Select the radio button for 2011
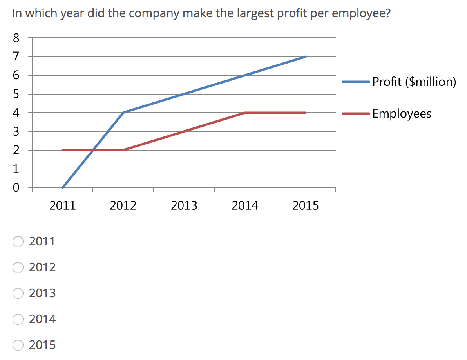point(18,242)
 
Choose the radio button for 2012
point(18,267)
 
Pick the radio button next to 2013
point(18,293)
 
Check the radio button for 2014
point(18,319)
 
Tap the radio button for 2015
point(18,345)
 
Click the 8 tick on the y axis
point(16,38)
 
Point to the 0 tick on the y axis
point(16,188)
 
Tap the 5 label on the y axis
point(16,94)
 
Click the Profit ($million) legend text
point(414,82)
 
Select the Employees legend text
point(402,114)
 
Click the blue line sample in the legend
point(356,82)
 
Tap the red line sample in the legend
point(356,114)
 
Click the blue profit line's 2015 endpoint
point(305,56)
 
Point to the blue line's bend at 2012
point(123,113)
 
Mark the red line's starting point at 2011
point(63,150)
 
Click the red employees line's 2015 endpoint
point(305,113)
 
